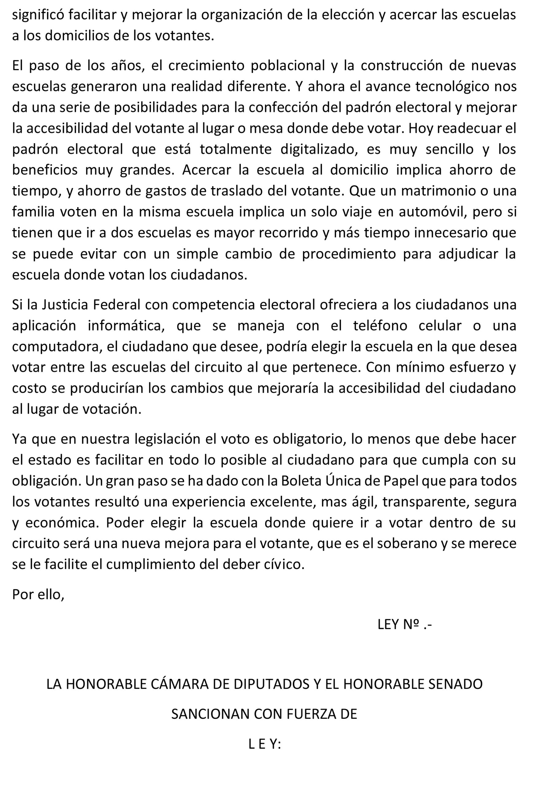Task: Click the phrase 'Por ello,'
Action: [x=38, y=595]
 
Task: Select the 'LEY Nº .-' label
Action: [x=405, y=624]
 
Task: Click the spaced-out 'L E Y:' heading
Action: [x=265, y=744]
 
